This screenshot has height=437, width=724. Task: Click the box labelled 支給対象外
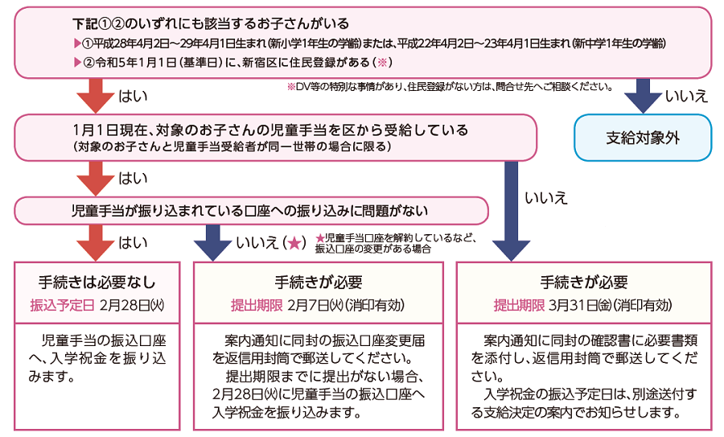click(x=642, y=137)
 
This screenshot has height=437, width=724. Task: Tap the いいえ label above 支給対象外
click(x=686, y=97)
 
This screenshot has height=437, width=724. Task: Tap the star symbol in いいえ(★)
click(x=294, y=241)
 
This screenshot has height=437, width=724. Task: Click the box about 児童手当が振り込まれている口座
click(x=252, y=211)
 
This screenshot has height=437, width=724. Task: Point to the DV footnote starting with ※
click(x=450, y=85)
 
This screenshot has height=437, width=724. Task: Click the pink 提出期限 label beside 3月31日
click(x=519, y=306)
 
